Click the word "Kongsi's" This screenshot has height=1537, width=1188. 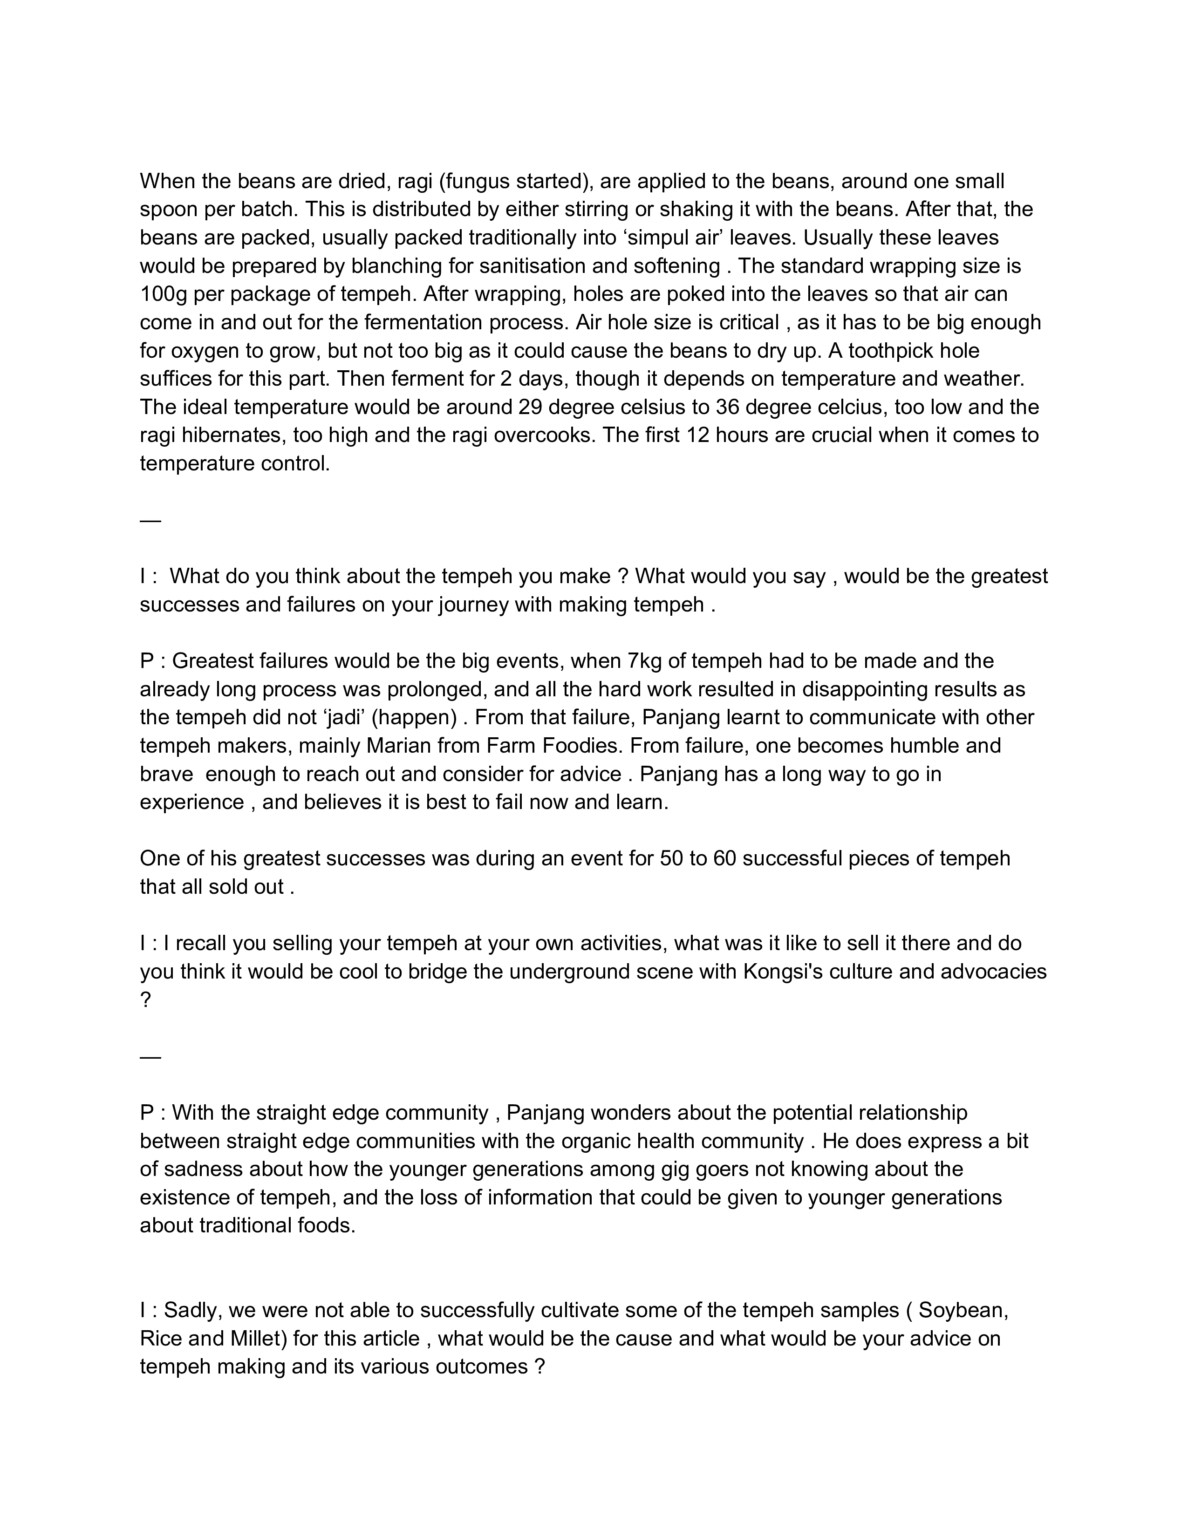[783, 972]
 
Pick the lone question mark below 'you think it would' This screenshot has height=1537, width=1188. [146, 1000]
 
